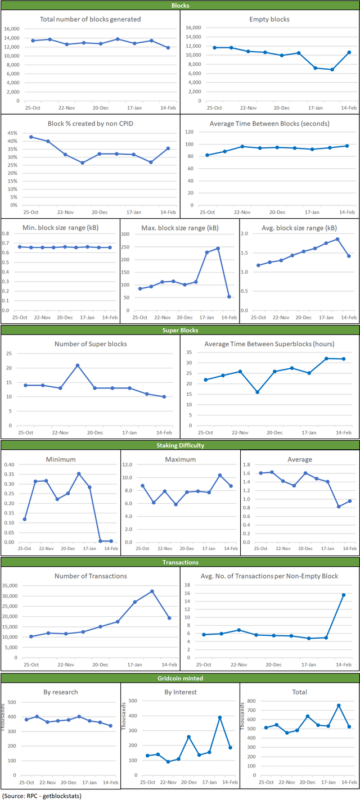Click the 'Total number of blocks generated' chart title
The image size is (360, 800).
point(91,19)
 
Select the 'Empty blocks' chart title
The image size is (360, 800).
point(269,19)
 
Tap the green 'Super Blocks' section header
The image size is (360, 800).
point(180,330)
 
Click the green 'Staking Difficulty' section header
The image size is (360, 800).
point(180,445)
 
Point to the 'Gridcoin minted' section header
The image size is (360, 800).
point(180,679)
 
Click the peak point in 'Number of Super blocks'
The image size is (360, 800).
point(78,365)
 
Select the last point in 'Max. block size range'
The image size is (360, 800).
point(229,297)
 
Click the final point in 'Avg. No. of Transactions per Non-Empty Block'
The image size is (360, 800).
point(344,595)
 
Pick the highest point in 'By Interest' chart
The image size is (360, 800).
point(220,717)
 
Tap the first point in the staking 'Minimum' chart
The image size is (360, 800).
point(24,519)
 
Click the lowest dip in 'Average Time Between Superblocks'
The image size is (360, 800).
point(257,392)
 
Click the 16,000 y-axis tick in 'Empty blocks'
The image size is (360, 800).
point(193,28)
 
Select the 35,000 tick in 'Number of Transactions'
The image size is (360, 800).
point(13,586)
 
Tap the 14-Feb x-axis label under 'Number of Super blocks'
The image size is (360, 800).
point(164,432)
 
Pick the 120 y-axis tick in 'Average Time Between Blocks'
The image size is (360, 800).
point(190,132)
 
